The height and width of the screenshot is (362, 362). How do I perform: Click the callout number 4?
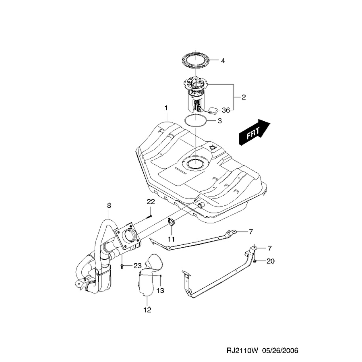pos(223,61)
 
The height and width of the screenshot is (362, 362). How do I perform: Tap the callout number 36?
pos(226,110)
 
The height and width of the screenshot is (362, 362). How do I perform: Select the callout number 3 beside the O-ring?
pos(219,121)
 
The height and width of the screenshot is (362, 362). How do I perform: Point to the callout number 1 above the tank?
pos(166,108)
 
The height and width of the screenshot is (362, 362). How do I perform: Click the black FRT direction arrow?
pos(254,132)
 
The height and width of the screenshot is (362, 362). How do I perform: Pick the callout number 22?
pos(151,202)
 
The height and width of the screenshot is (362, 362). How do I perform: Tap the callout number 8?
pos(109,205)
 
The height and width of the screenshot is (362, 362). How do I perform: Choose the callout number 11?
pos(171,239)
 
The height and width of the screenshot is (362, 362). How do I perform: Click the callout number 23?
pos(138,266)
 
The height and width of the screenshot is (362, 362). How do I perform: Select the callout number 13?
pos(160,290)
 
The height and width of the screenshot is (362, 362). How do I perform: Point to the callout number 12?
pos(147,310)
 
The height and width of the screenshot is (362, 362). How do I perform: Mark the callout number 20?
pos(271,261)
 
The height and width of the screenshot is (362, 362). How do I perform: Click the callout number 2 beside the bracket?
pos(244,97)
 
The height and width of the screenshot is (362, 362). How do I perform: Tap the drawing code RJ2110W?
pos(242,351)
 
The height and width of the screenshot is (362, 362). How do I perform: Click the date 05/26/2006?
pos(280,351)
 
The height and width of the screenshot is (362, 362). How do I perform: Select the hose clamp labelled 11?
pos(171,222)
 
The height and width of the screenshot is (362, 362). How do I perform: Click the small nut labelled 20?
pos(255,261)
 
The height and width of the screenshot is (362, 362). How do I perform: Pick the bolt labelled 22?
pos(149,216)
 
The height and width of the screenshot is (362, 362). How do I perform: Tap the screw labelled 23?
pos(122,267)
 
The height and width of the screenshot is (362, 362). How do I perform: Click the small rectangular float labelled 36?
pos(213,110)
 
